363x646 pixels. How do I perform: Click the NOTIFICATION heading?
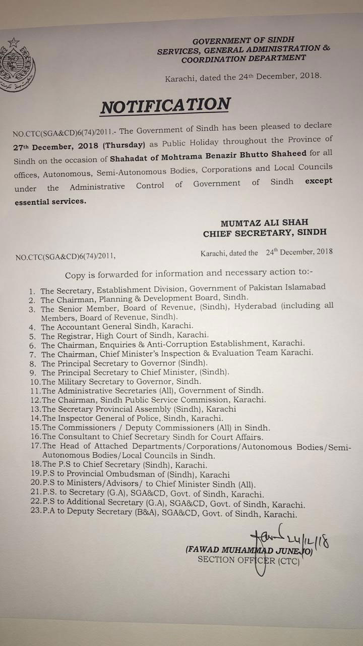[x=165, y=105]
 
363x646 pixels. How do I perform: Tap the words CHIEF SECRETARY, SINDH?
[x=265, y=233]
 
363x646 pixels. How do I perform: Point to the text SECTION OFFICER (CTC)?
[x=249, y=560]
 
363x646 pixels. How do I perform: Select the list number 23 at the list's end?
[x=35, y=514]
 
